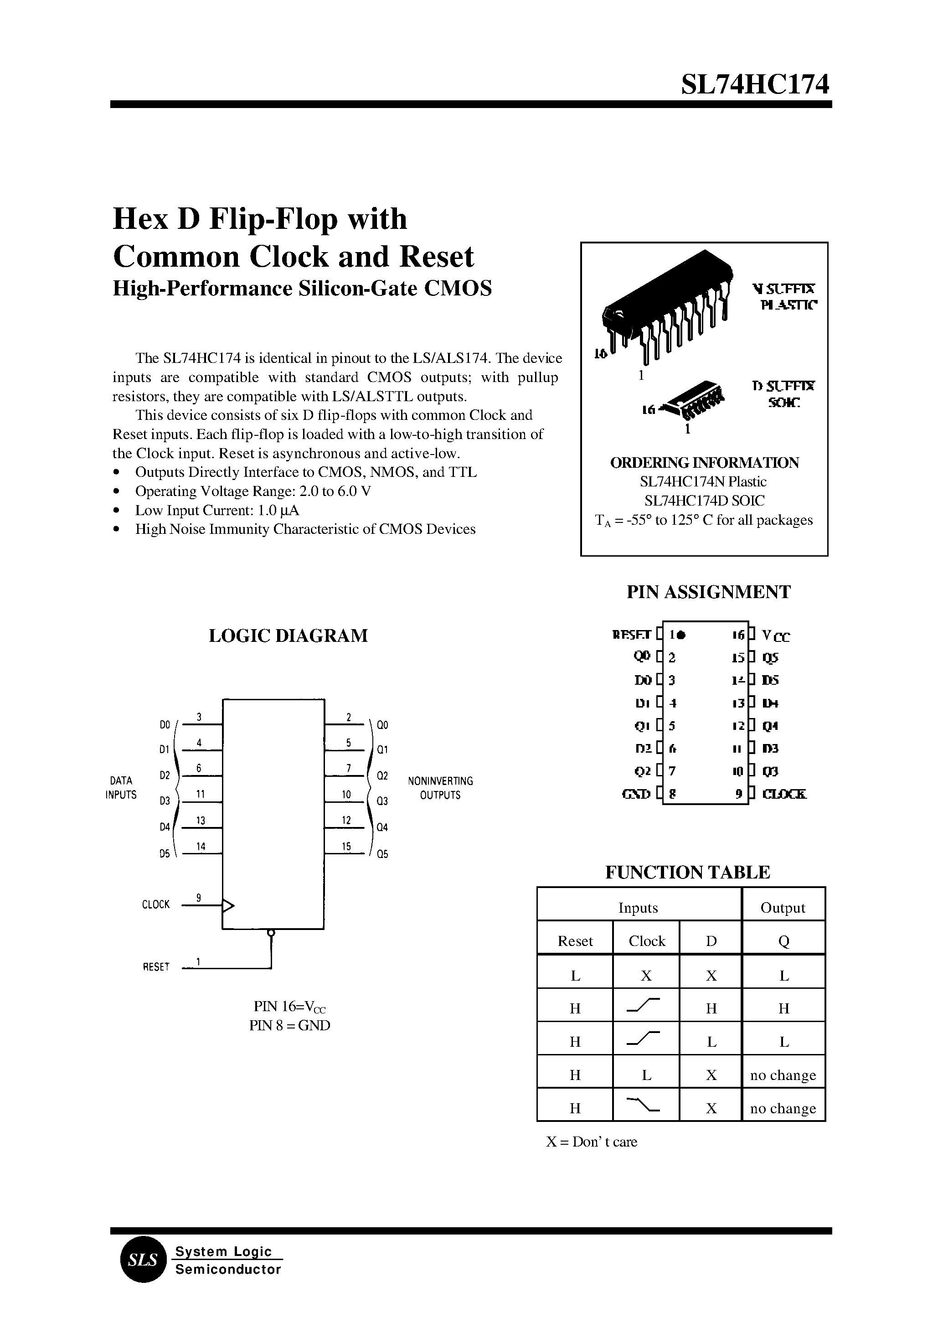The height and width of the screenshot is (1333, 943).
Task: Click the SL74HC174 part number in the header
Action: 755,85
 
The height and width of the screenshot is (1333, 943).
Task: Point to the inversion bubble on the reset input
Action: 271,933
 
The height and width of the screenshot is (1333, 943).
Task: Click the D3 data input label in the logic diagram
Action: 165,801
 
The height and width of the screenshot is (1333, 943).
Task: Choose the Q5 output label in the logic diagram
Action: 382,854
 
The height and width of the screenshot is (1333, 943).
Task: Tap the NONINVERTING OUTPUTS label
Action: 440,788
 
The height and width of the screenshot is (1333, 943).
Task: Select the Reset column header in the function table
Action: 575,941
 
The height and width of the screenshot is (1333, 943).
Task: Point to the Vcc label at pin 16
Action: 776,636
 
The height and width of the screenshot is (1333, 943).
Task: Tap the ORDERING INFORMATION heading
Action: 704,463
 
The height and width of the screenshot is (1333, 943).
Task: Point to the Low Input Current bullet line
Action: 217,511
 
